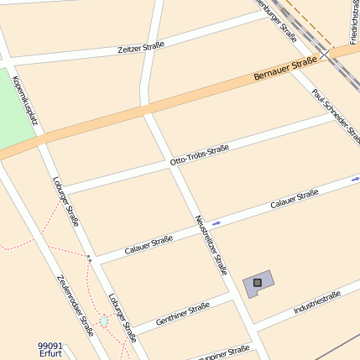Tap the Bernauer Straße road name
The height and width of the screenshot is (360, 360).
coord(284,69)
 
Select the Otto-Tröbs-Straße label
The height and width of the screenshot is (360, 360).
coord(199,155)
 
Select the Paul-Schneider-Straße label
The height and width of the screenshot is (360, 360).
coord(336,116)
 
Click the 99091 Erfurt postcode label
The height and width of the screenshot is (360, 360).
coord(50,349)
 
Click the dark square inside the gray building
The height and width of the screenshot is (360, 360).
coord(257,284)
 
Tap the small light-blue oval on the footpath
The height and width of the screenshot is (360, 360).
coord(103,321)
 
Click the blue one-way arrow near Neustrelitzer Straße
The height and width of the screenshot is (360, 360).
coord(217,222)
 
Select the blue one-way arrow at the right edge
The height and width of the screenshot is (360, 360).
coord(355,178)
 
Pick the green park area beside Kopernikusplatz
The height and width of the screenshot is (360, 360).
coord(15,109)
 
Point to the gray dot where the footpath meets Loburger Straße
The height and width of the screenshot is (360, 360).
coord(88,258)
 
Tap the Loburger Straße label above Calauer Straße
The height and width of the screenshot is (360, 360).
coord(65,201)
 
